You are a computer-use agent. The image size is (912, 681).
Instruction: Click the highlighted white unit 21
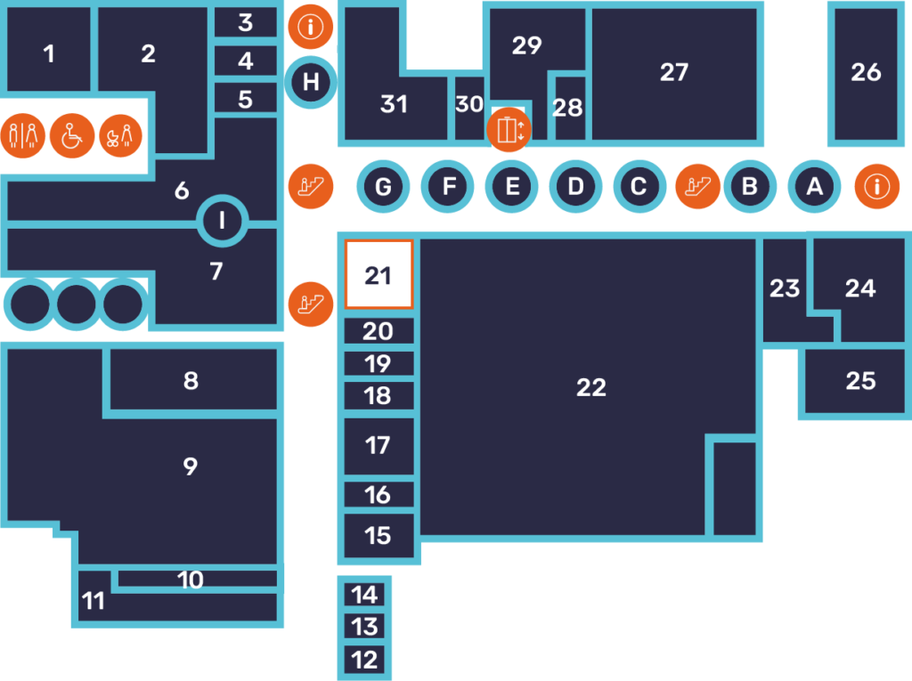(x=379, y=274)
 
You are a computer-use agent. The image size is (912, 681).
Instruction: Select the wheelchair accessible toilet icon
(x=72, y=136)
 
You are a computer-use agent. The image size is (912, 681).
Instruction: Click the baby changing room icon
(x=120, y=136)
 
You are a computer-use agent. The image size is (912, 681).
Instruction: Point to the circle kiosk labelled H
(x=311, y=83)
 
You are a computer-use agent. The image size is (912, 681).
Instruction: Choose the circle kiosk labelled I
(x=222, y=221)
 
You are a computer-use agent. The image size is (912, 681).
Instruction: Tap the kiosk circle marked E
(x=511, y=187)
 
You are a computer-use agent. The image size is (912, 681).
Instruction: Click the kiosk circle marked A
(x=813, y=187)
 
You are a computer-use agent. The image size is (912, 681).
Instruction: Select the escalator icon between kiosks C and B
(x=697, y=186)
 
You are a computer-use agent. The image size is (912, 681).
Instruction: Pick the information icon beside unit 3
(x=311, y=27)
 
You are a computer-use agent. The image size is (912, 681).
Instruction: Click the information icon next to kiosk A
(x=877, y=186)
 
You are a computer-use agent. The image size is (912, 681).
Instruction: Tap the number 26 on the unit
(x=866, y=72)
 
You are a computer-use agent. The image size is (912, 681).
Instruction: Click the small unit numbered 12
(x=364, y=660)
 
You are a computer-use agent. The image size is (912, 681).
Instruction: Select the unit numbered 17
(x=379, y=445)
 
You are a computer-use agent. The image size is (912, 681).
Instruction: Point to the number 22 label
(x=591, y=387)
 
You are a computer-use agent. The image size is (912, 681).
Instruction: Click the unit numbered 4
(x=246, y=61)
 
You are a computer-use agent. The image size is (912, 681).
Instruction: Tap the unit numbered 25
(x=860, y=382)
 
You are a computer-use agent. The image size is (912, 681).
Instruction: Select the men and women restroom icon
(x=23, y=136)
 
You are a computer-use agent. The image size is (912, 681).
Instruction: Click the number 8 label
(x=191, y=381)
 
